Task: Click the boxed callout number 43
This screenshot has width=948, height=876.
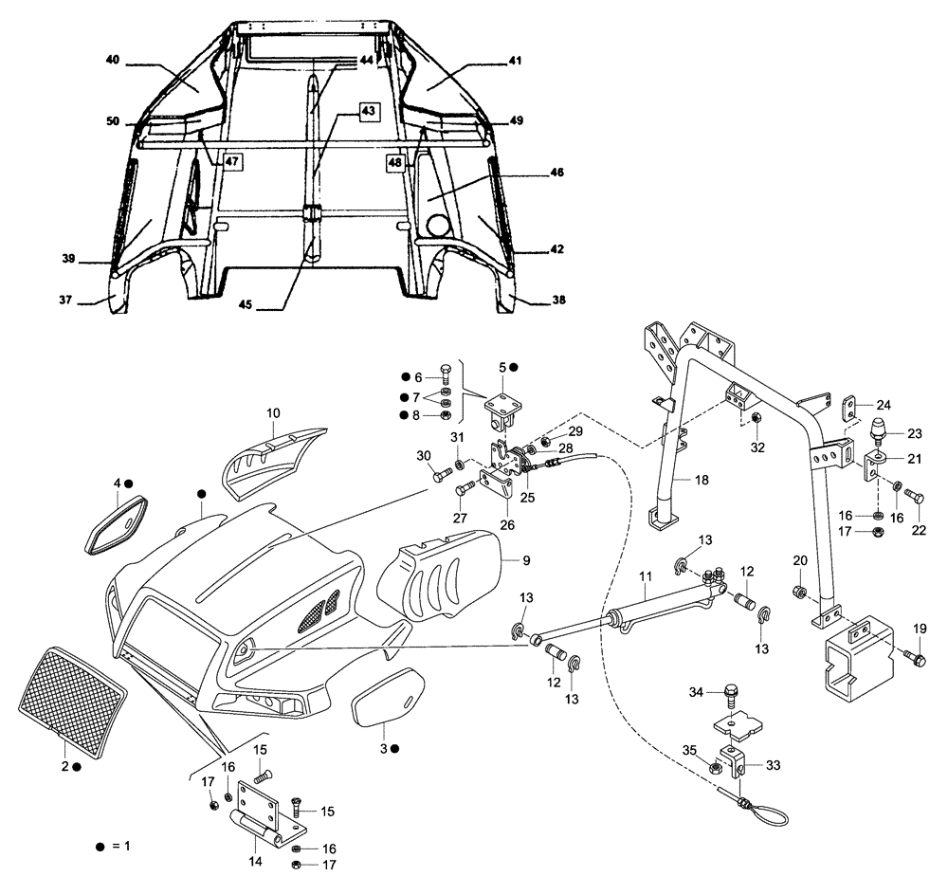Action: (x=368, y=111)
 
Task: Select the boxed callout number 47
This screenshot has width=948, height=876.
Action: (x=232, y=162)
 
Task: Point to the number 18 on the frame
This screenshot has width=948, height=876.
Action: (x=702, y=481)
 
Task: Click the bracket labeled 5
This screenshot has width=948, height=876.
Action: (x=501, y=407)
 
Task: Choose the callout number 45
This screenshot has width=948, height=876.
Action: (x=245, y=304)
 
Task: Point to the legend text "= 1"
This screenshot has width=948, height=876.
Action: (x=124, y=844)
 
